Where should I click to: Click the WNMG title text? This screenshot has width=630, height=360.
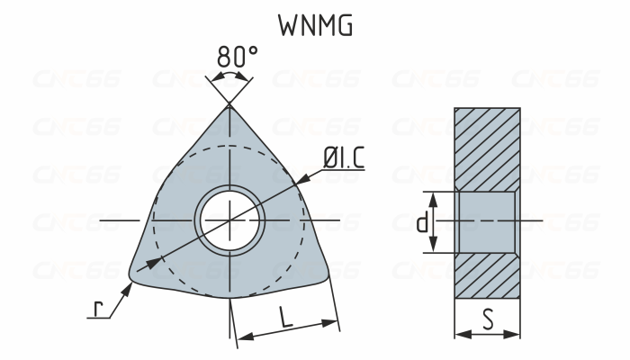coord(314,26)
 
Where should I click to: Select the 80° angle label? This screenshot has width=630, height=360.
coord(237,57)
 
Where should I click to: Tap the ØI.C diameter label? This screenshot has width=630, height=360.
coord(344,158)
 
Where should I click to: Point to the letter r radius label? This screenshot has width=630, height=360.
coord(98,308)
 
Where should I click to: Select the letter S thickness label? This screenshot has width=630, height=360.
coord(487,318)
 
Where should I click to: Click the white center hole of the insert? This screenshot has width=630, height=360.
coord(229,220)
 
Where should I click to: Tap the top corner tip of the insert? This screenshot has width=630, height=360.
coord(229,107)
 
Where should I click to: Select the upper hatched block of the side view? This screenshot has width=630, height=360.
coord(487,148)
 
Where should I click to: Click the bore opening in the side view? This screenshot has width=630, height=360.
coord(487,221)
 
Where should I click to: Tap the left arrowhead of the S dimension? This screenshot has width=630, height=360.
coord(461,334)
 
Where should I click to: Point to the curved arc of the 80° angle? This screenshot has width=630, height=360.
coord(229,78)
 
